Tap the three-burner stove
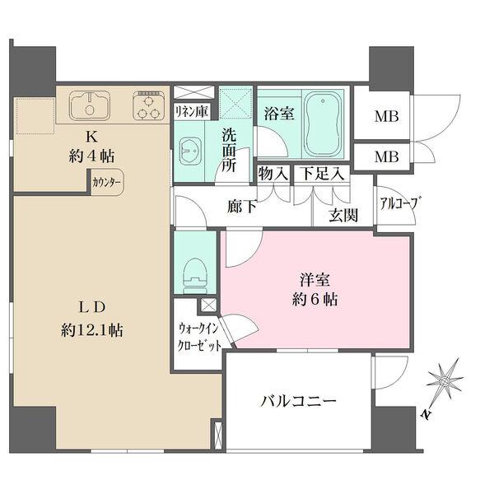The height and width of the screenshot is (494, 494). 149,105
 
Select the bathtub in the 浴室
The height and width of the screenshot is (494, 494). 326,119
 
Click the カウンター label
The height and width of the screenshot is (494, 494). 106,183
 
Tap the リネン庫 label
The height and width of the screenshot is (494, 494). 191,110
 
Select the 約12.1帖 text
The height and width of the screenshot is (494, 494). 92,330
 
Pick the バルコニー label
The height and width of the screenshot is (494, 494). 299,402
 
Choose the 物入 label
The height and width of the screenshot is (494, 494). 273,175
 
